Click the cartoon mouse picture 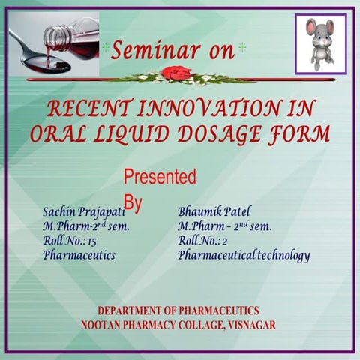320,43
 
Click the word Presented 159,178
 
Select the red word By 133,202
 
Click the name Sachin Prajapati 82,211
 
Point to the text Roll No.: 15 70,241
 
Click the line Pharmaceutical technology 244,256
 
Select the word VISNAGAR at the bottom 249,325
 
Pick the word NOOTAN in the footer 104,325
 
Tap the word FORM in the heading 300,133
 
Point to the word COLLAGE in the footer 195,325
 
